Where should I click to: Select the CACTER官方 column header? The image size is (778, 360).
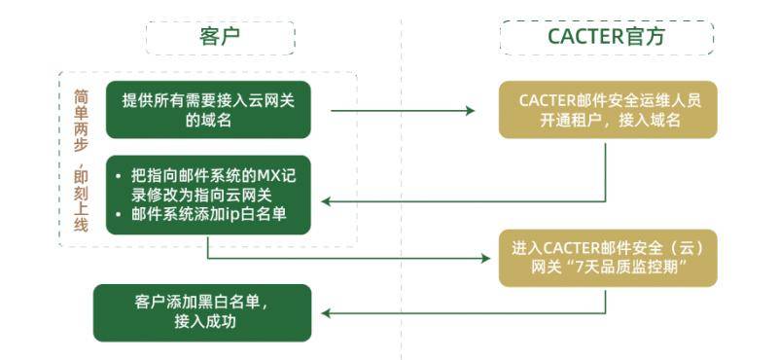[x=607, y=36]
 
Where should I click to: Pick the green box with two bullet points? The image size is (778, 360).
[x=208, y=195]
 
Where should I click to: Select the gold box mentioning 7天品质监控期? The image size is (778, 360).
[x=607, y=258]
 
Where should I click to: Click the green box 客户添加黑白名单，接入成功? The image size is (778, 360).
[x=202, y=312]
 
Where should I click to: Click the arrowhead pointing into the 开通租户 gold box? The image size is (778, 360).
[x=470, y=111]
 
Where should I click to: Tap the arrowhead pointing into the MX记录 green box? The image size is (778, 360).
[x=328, y=201]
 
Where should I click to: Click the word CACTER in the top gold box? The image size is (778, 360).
[x=549, y=99]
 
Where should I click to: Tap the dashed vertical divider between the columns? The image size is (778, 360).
[x=401, y=175]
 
